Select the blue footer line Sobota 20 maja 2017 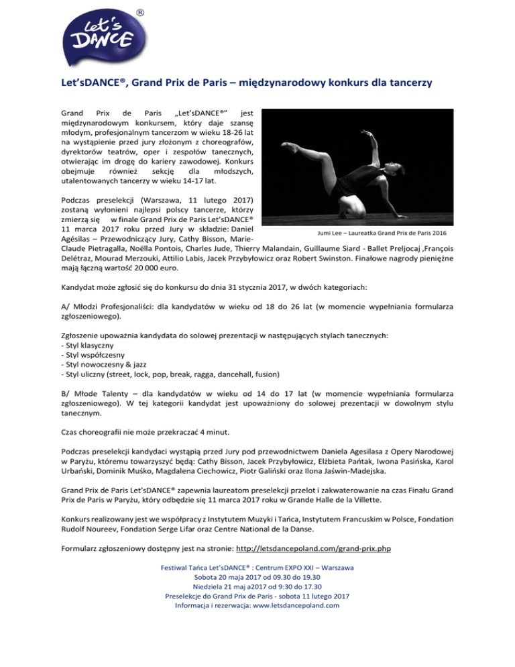click(257, 577)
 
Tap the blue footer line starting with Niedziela click(257, 586)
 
